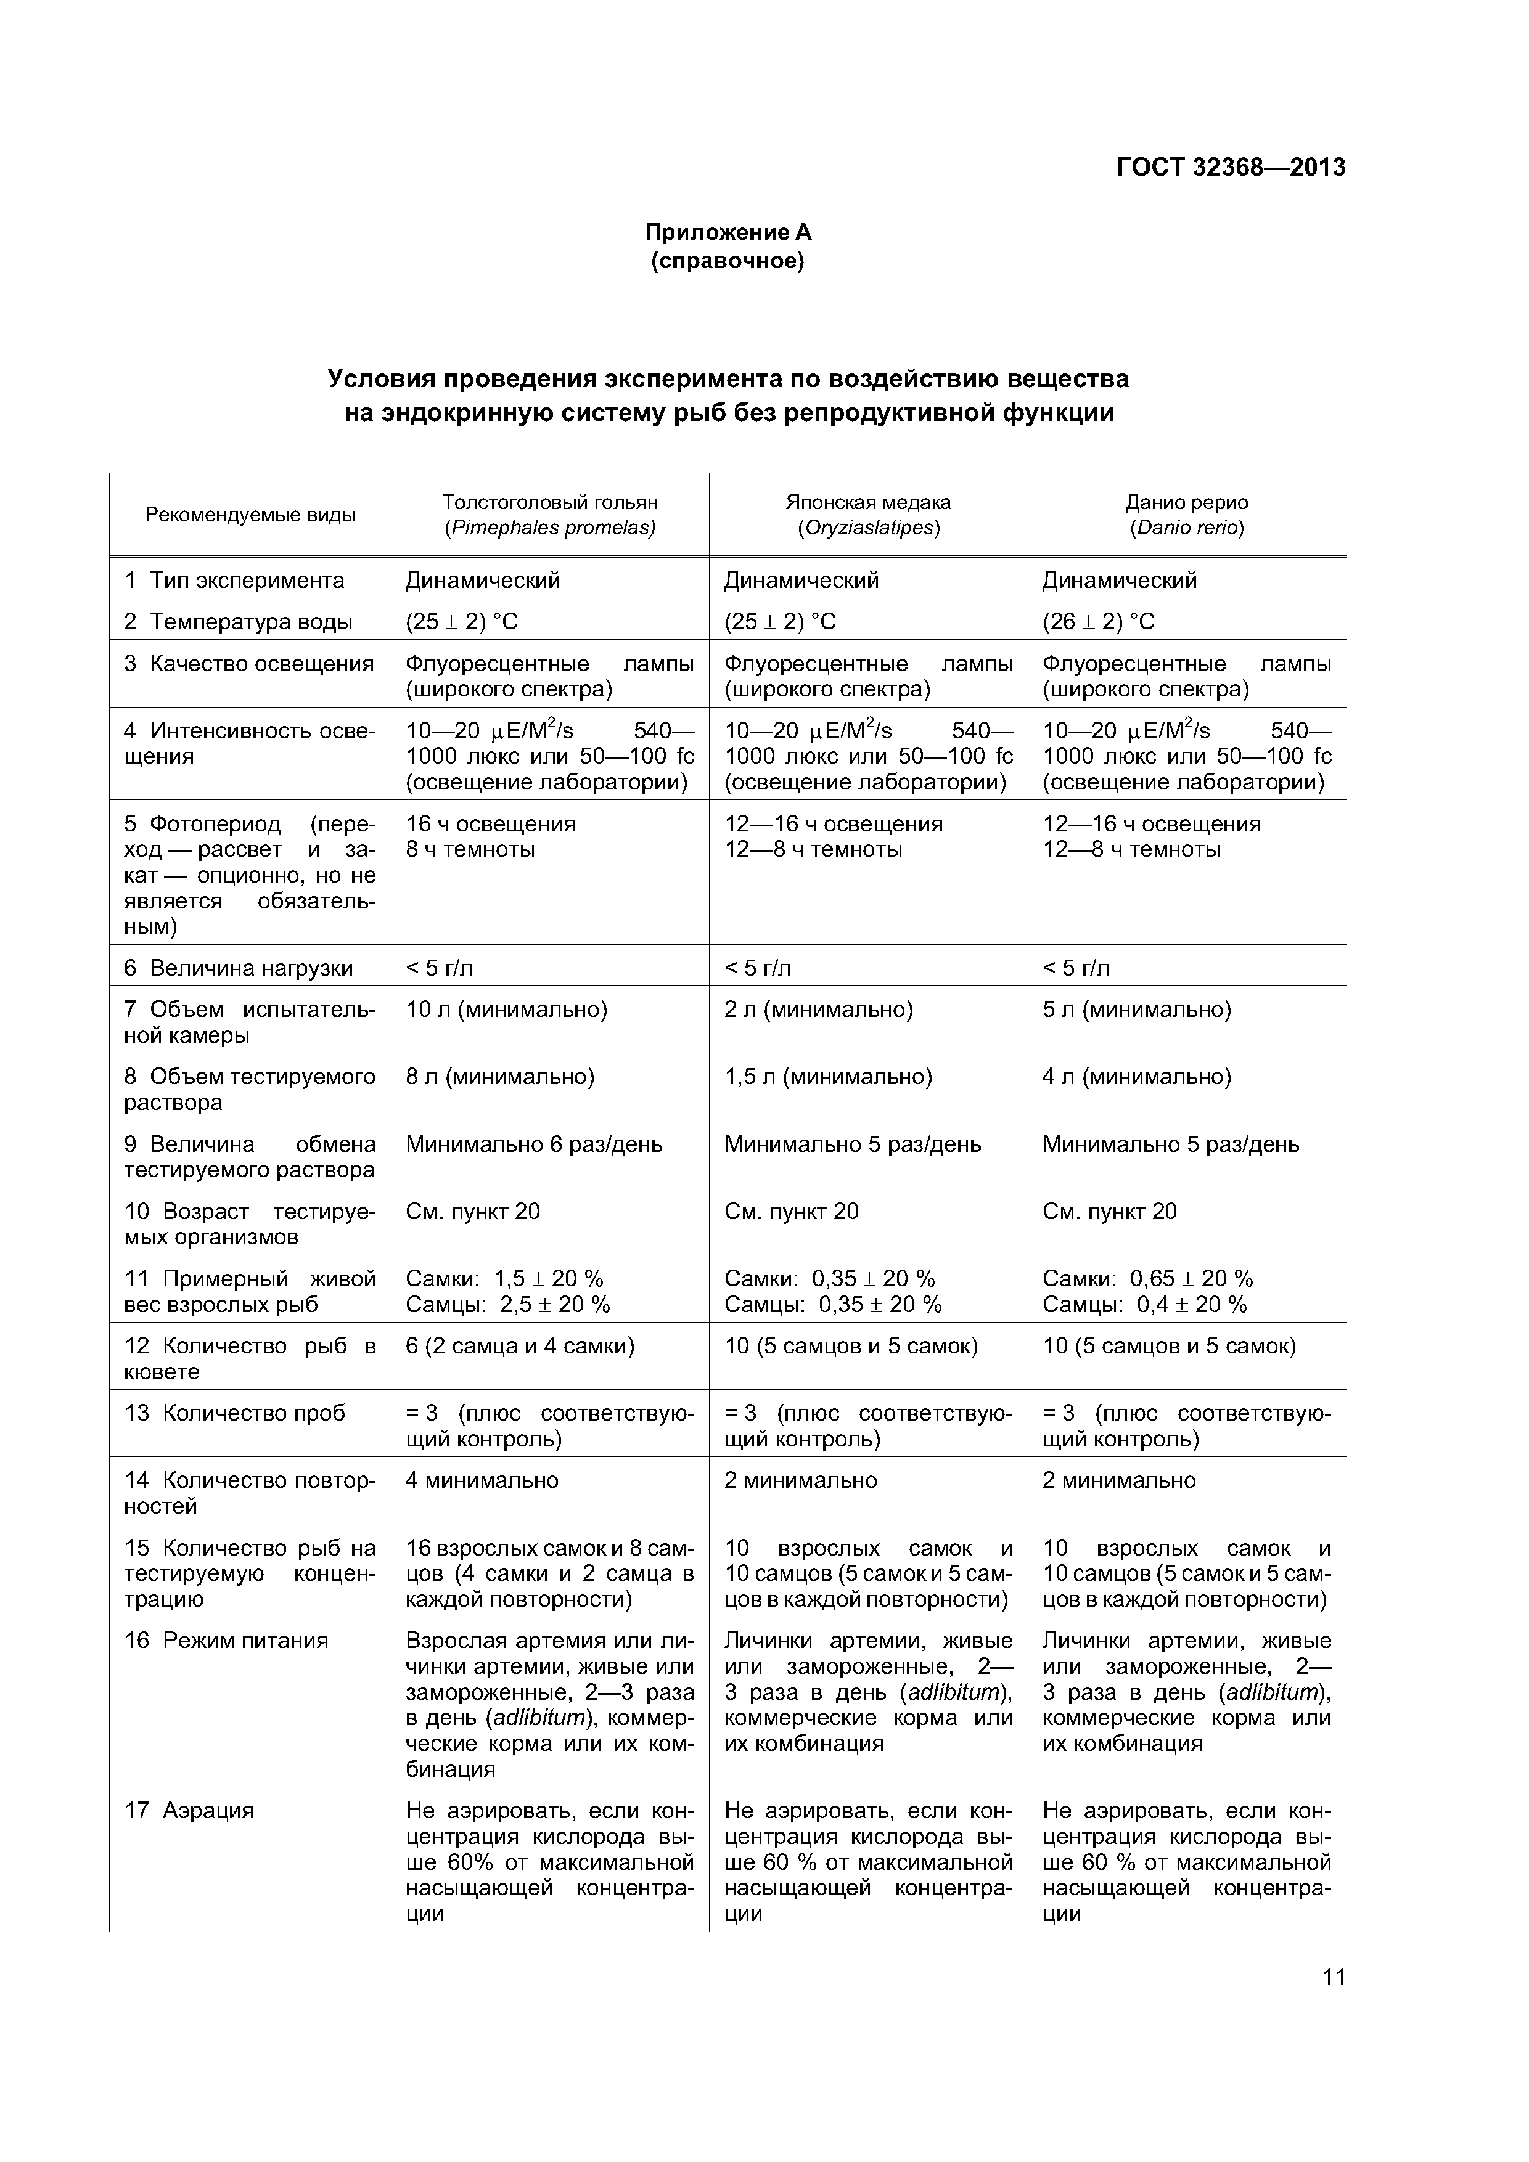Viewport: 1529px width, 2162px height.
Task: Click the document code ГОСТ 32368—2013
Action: tap(1231, 168)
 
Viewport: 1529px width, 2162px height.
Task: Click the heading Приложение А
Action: tap(728, 232)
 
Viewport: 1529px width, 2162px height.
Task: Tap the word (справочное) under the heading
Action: tap(728, 261)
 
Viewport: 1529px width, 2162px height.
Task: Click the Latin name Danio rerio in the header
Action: tap(1187, 528)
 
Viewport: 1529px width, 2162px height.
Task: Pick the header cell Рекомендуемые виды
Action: tap(250, 515)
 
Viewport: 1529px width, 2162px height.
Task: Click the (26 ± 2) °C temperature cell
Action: tap(1097, 621)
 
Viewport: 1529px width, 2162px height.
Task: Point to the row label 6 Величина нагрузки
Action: tap(239, 968)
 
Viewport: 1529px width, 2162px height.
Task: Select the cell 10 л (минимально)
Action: tap(506, 1010)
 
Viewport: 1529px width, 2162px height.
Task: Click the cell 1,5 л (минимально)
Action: tap(827, 1076)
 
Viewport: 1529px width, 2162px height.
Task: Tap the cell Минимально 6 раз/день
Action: tap(533, 1144)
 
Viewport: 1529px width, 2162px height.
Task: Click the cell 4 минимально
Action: tap(482, 1480)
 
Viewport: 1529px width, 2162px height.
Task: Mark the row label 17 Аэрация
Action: tap(189, 1810)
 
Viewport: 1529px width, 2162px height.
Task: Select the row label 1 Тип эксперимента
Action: tap(234, 580)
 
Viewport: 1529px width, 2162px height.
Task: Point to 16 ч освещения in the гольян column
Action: tap(490, 824)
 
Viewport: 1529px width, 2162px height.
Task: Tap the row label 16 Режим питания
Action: tap(226, 1641)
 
